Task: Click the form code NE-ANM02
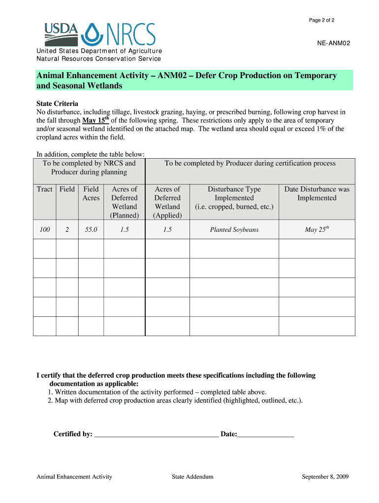334,44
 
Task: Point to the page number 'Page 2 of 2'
321,20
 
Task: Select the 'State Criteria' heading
58,104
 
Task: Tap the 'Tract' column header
44,189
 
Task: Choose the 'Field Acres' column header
91,194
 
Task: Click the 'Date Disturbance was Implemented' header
316,194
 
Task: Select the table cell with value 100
44,229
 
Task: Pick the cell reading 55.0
91,229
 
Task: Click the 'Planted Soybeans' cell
234,229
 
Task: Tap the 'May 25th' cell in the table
316,229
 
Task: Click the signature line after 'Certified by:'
156,434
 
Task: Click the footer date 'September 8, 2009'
325,476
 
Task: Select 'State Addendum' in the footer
192,476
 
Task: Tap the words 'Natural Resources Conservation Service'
99,59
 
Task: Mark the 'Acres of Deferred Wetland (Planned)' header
124,202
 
